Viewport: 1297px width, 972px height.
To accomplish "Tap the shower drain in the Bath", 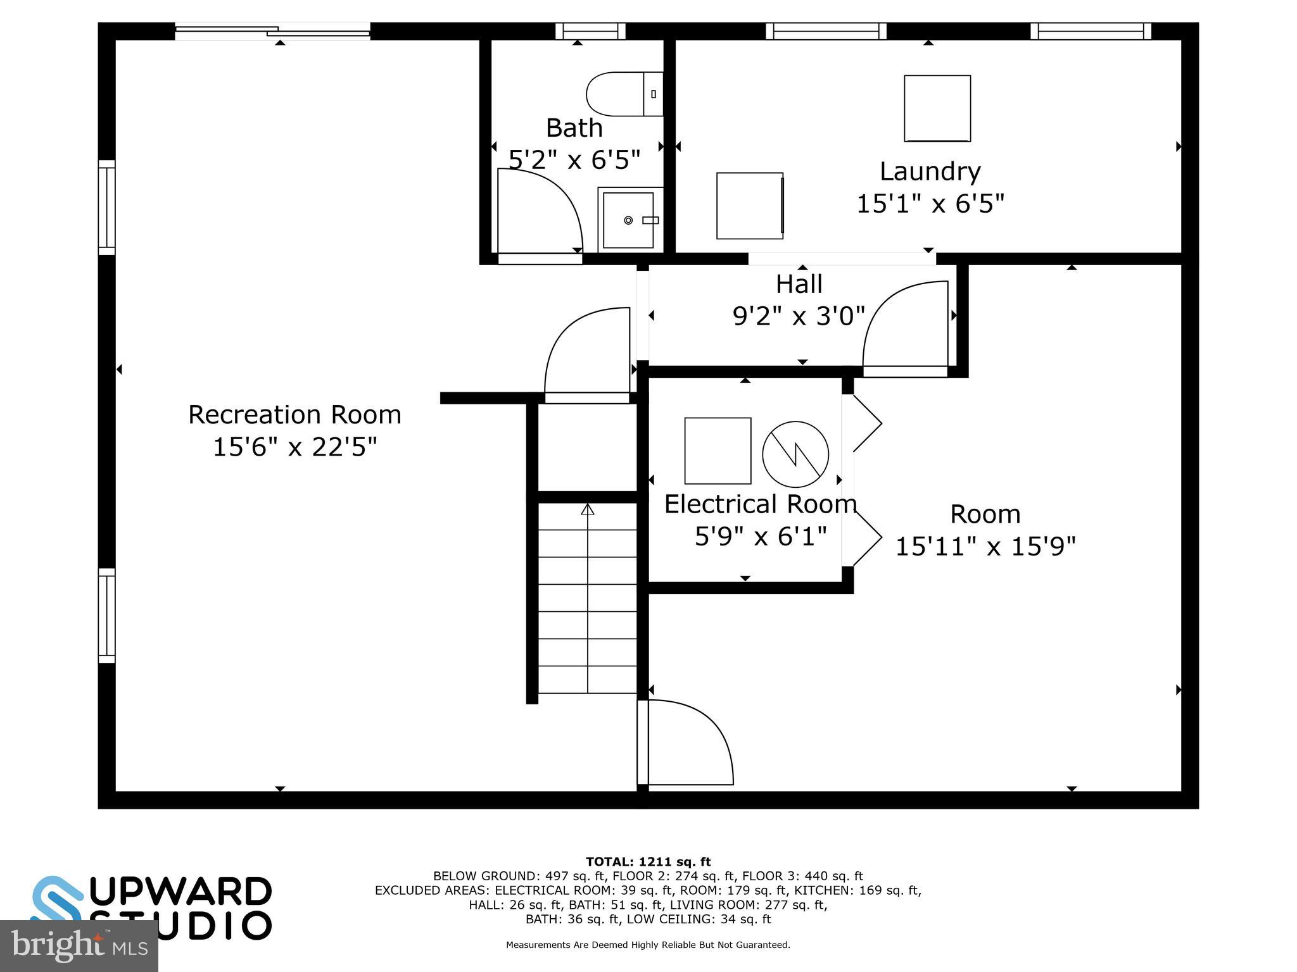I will [628, 220].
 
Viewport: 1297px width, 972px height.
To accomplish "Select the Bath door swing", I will [538, 212].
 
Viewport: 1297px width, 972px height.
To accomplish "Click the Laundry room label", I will [930, 171].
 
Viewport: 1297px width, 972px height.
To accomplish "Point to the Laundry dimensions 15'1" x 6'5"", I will [930, 204].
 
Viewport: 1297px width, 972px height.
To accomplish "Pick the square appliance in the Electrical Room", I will [718, 451].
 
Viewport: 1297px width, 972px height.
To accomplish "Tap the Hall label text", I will [799, 284].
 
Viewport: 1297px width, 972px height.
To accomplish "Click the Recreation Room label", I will [294, 415].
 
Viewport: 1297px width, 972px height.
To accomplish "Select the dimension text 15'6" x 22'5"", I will [294, 447].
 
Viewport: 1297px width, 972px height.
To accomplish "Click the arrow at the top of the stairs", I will [588, 509].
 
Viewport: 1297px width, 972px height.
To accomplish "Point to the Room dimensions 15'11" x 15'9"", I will [985, 546].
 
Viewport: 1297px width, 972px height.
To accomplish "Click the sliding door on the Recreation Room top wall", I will [272, 31].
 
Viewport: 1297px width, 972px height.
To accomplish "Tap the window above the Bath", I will [590, 31].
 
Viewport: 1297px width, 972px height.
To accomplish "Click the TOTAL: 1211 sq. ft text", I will [648, 861].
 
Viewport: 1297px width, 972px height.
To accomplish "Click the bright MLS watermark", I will [79, 945].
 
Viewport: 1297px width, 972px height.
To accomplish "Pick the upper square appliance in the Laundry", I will [937, 108].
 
